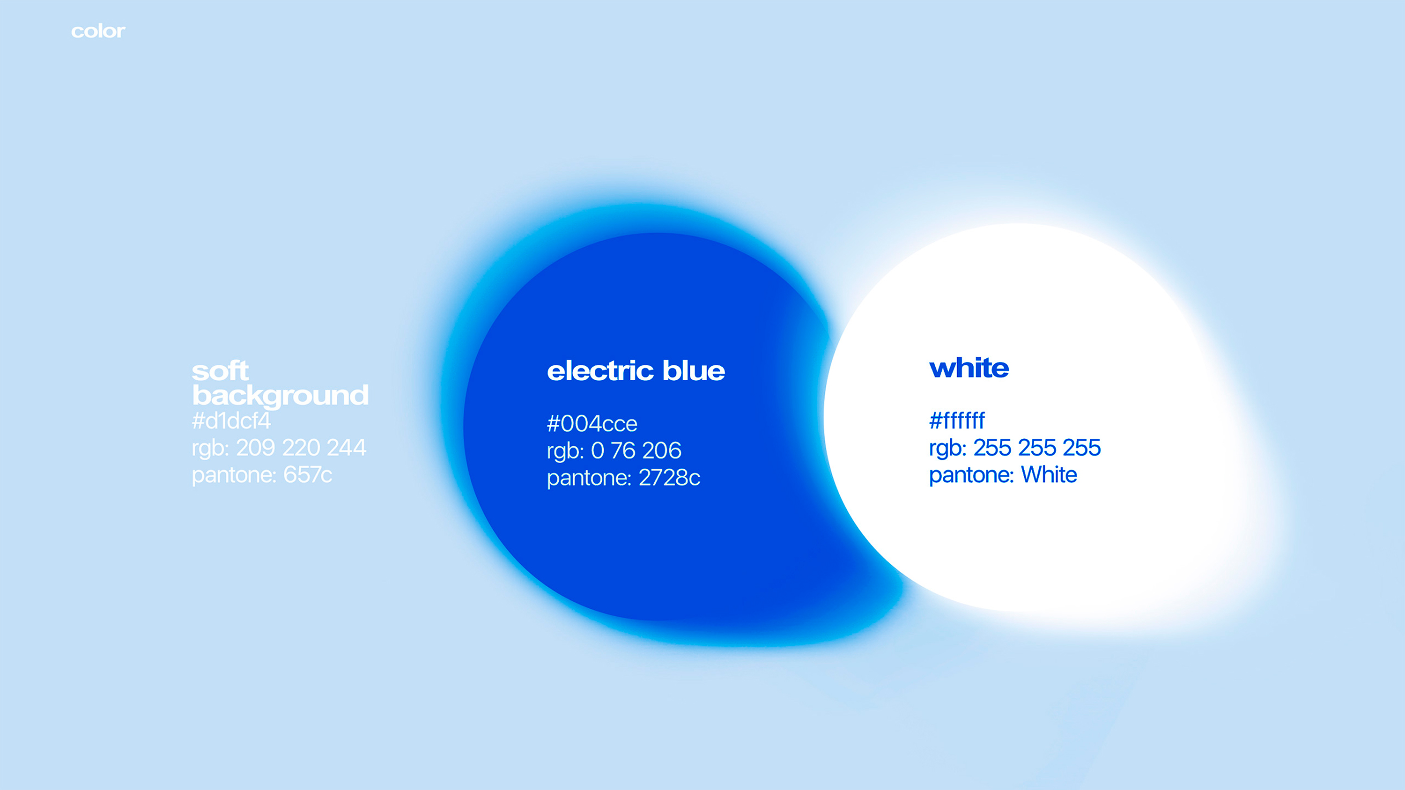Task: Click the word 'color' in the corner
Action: point(98,32)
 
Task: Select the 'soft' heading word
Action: point(220,371)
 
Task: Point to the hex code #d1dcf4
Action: point(231,421)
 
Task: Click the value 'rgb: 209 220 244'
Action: point(279,448)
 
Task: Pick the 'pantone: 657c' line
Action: point(262,475)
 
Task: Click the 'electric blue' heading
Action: point(636,371)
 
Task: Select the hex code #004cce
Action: point(592,424)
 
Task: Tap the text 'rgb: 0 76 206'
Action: point(614,451)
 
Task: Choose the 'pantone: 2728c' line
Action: point(623,478)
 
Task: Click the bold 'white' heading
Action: point(969,368)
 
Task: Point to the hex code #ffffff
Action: point(957,421)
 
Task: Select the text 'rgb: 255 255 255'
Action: point(1015,448)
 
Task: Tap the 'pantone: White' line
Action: point(1003,475)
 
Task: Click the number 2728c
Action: point(670,478)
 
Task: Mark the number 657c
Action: point(308,475)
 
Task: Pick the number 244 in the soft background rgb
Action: point(347,448)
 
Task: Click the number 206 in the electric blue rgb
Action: point(662,450)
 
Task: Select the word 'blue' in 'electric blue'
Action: point(694,371)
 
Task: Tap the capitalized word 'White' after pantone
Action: point(1050,475)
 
